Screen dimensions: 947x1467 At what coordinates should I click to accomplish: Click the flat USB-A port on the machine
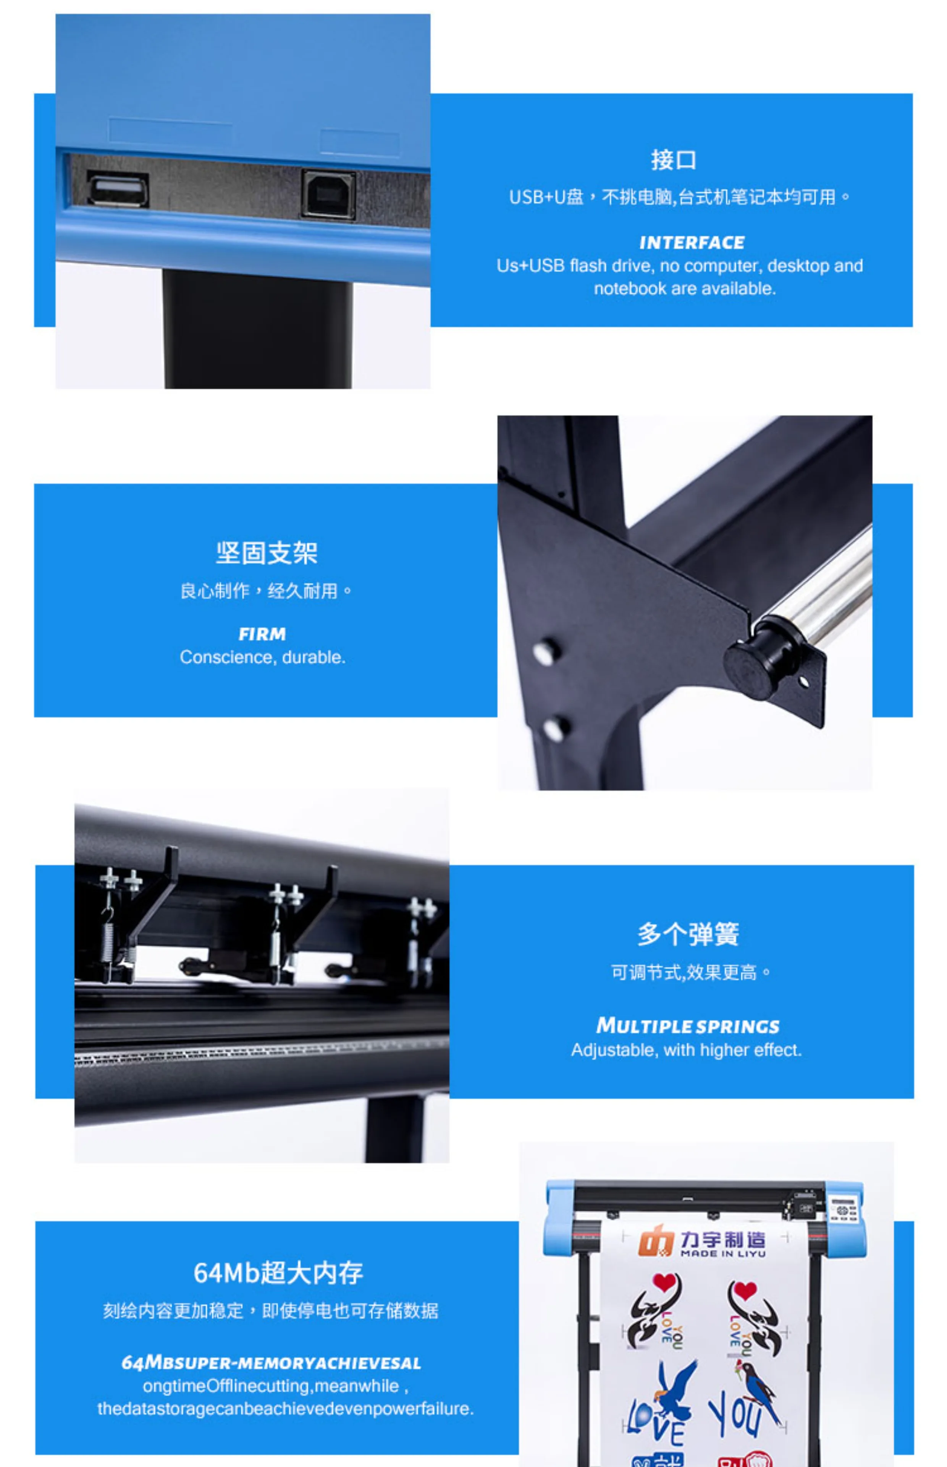pos(118,189)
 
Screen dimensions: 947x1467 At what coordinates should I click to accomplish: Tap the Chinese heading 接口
pos(673,160)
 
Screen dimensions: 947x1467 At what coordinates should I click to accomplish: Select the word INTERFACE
pos(692,243)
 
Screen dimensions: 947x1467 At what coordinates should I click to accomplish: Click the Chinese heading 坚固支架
pos(266,552)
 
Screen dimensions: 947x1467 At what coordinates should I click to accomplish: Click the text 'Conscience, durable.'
pos(263,657)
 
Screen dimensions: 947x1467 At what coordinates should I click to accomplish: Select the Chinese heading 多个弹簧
pos(688,934)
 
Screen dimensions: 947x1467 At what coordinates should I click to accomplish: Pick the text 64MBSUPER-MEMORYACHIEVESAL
pos(271,1363)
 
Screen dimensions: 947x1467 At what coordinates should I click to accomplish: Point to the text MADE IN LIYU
pos(723,1253)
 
